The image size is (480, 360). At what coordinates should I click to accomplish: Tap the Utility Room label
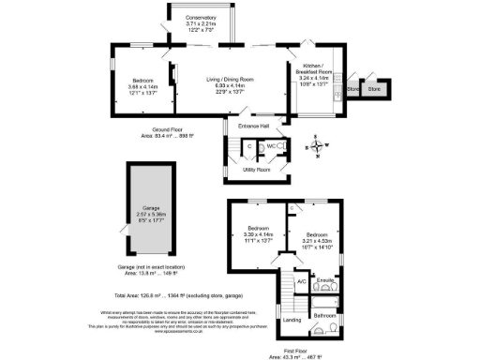click(x=256, y=170)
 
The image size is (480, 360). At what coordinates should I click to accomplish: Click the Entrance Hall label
click(x=253, y=126)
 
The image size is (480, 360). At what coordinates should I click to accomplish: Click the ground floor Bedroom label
click(x=142, y=82)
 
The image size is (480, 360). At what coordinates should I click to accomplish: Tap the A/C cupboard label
click(x=301, y=281)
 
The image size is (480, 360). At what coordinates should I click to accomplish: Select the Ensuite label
click(x=326, y=279)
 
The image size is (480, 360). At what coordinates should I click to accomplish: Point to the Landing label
click(x=292, y=321)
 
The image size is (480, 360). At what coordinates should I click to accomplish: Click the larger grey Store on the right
click(x=374, y=88)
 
